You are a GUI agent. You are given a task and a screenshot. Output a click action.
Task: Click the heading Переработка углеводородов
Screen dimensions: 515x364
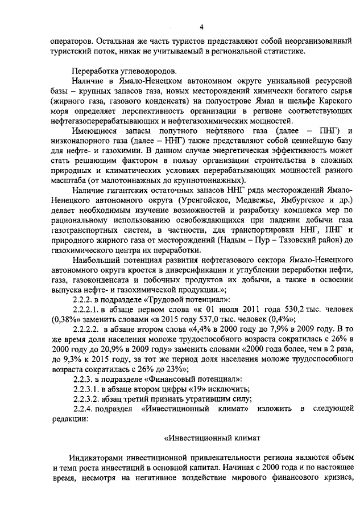tap(115, 71)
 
